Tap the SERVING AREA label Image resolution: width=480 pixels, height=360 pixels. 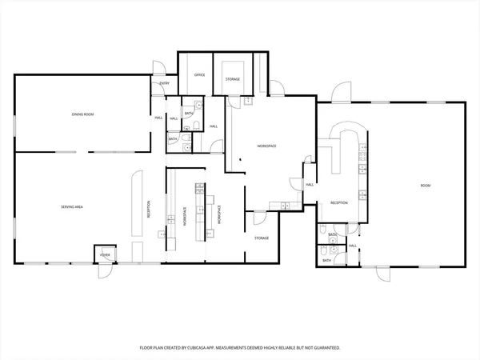pyautogui.click(x=73, y=207)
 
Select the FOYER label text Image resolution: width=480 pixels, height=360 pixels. pyautogui.click(x=105, y=255)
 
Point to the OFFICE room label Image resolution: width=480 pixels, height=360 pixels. pyautogui.click(x=199, y=74)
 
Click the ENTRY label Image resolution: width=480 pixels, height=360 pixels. pyautogui.click(x=165, y=83)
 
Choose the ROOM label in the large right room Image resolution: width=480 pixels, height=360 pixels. pyautogui.click(x=426, y=186)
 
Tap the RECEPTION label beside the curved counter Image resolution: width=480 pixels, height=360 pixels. pyautogui.click(x=339, y=203)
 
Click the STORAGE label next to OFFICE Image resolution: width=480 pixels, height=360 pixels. pyautogui.click(x=233, y=79)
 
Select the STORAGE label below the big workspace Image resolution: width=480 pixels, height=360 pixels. pyautogui.click(x=262, y=238)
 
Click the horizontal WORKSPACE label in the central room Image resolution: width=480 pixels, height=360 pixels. pyautogui.click(x=266, y=146)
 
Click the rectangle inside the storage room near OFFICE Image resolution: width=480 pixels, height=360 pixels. pyautogui.click(x=233, y=68)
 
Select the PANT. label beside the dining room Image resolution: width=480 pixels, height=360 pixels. pyautogui.click(x=158, y=118)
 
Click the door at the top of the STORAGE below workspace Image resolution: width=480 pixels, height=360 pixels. pyautogui.click(x=259, y=216)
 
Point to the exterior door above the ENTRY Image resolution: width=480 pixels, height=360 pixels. pyautogui.click(x=160, y=69)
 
